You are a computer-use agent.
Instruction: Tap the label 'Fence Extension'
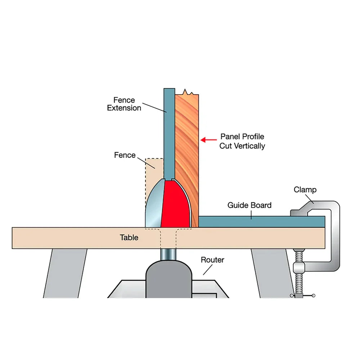[x=124, y=104]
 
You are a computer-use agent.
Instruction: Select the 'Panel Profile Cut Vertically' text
[x=242, y=141]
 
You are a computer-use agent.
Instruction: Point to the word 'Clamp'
[x=305, y=190]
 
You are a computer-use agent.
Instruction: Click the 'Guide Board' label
[x=249, y=205]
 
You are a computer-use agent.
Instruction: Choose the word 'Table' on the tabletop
[x=129, y=238]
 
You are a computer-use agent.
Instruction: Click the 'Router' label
[x=212, y=260]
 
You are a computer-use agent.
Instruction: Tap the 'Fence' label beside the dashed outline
[x=125, y=155]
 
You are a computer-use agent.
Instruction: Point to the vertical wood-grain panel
[x=187, y=144]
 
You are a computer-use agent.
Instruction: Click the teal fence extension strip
[x=169, y=133]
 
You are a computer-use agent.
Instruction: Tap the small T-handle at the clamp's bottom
[x=302, y=296]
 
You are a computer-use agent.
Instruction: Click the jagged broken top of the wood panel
[x=187, y=93]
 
